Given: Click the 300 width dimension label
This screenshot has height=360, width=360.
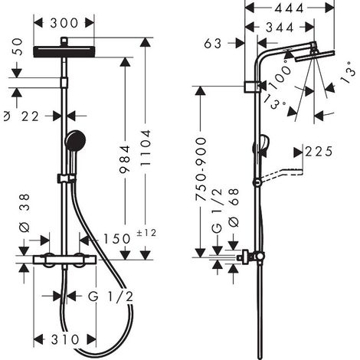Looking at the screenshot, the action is tap(64, 23).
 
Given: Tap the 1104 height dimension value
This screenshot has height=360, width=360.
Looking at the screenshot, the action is tap(146, 148).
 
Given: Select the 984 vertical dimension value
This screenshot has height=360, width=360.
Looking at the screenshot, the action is tap(125, 159).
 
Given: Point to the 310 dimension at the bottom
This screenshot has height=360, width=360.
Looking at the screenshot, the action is tap(65, 339).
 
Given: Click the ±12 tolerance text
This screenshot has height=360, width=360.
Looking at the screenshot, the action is tap(146, 233).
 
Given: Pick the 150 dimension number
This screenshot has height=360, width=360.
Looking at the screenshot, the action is tap(116, 239).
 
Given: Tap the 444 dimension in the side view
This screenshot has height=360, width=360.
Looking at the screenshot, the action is tap(289, 8).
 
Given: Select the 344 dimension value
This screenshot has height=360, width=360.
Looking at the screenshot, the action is tap(280, 28).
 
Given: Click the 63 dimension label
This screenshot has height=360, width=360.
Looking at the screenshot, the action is tap(213, 44).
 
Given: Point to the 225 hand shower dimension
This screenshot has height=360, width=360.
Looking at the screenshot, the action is tap(319, 152).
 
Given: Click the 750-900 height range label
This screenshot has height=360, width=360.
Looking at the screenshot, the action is tap(201, 169).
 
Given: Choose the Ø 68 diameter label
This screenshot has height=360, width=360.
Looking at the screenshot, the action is tap(234, 208).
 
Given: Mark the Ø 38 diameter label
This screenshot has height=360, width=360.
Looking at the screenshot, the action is tap(25, 213).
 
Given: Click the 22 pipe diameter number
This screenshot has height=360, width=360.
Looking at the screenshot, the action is tap(31, 116).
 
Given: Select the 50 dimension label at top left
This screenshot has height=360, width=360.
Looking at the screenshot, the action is tap(18, 47).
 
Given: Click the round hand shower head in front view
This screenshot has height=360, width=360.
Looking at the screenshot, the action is tap(75, 140).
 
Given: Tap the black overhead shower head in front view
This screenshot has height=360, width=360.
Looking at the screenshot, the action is tap(64, 51).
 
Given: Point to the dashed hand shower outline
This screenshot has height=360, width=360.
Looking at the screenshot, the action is tap(281, 174).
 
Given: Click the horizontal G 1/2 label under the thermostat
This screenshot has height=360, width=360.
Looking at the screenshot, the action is tap(111, 296).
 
